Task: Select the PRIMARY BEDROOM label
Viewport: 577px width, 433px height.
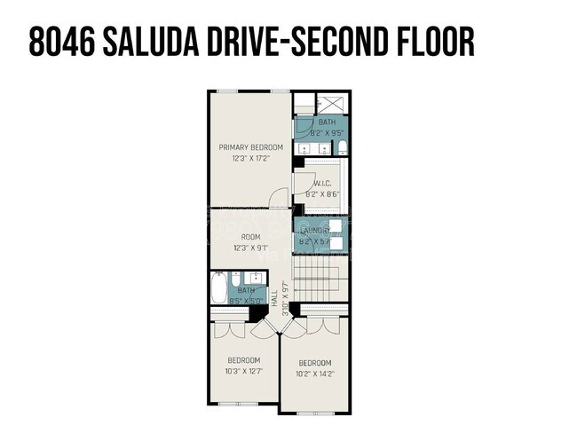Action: [251, 147]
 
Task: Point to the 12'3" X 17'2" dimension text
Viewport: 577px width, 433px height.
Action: [251, 158]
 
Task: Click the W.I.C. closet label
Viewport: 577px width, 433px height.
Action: [322, 184]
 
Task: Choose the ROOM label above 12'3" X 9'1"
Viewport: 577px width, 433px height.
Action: [251, 237]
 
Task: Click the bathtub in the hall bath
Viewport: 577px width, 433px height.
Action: [219, 288]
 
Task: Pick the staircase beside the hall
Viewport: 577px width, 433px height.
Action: [320, 278]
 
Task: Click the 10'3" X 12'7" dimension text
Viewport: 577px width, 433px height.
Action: [243, 371]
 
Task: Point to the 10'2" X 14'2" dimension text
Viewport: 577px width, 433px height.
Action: [315, 374]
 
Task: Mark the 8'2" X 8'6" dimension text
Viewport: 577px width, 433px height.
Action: [322, 194]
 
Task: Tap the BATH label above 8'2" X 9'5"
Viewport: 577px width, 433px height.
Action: [328, 122]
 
